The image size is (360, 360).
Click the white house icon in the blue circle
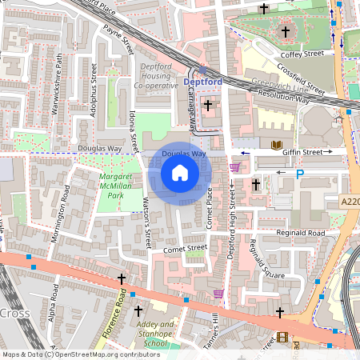click(180, 173)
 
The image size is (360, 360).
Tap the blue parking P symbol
click(300, 173)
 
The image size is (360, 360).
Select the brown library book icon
click(277, 146)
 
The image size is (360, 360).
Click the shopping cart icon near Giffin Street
click(234, 167)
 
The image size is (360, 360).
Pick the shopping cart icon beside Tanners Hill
click(218, 293)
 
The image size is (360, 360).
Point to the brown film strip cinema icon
click(282, 337)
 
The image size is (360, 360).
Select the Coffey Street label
click(301, 54)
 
